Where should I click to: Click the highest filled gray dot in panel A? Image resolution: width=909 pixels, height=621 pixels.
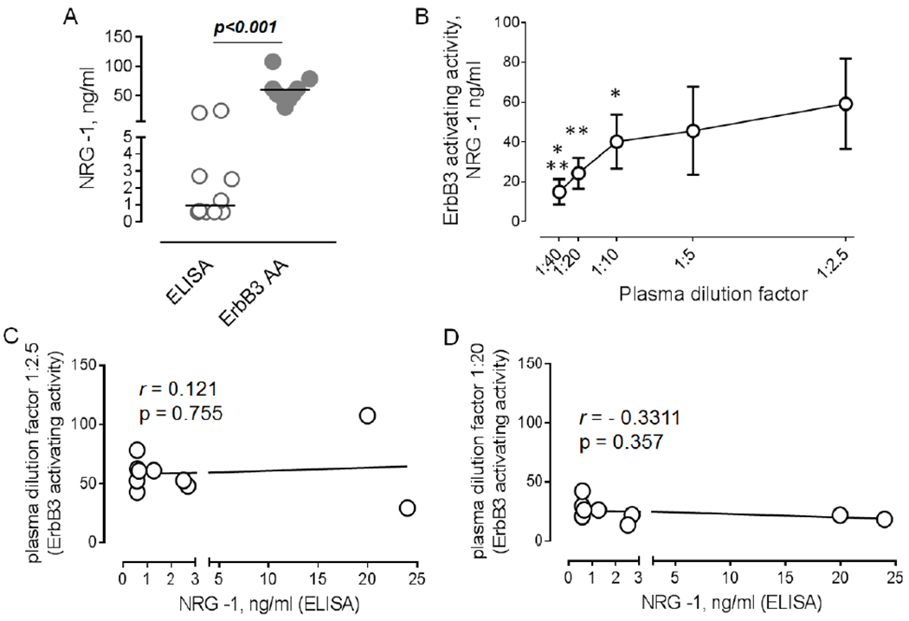click(273, 61)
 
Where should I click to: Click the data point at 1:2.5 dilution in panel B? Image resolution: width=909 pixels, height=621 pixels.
click(846, 104)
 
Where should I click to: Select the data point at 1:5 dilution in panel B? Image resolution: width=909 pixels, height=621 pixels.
click(693, 131)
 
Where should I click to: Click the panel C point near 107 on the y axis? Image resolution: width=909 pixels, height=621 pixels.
click(367, 416)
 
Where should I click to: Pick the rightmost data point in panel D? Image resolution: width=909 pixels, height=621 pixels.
click(884, 519)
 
